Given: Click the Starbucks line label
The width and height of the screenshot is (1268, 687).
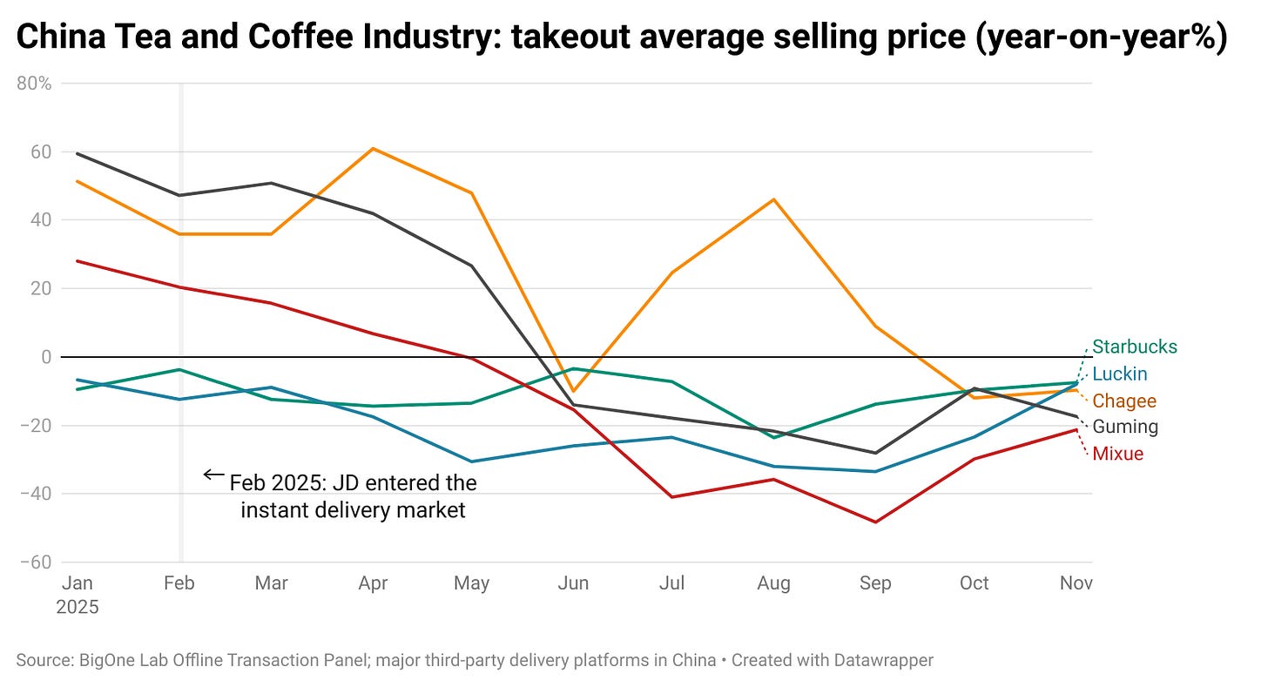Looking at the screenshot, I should tap(1134, 347).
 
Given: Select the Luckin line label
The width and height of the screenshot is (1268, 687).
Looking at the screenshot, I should tap(1119, 374).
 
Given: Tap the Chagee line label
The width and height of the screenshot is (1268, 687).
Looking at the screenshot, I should tap(1123, 401).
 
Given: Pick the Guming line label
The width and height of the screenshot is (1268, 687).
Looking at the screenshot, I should tap(1124, 427).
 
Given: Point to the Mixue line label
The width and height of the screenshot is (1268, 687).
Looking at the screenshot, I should tap(1117, 454).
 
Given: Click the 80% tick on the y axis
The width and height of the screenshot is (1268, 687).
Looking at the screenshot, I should tap(34, 84).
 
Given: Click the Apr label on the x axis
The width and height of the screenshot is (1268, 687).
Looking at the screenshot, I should tap(373, 583).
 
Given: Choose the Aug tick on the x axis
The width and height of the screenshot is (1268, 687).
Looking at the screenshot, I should tap(773, 583).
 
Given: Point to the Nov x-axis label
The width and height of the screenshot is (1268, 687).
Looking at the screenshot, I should tap(1076, 583).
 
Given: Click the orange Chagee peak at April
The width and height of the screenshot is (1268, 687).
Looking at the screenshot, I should tap(373, 148).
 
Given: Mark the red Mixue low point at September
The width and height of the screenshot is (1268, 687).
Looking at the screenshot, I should tap(875, 522).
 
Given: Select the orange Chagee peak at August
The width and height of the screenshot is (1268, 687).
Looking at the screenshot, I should tap(773, 199).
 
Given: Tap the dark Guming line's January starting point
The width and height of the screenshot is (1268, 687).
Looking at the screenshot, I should tap(78, 153).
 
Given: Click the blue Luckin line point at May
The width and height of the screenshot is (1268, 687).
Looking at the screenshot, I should tap(472, 461).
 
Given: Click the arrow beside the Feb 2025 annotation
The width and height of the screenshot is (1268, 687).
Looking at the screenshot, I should tap(212, 475).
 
